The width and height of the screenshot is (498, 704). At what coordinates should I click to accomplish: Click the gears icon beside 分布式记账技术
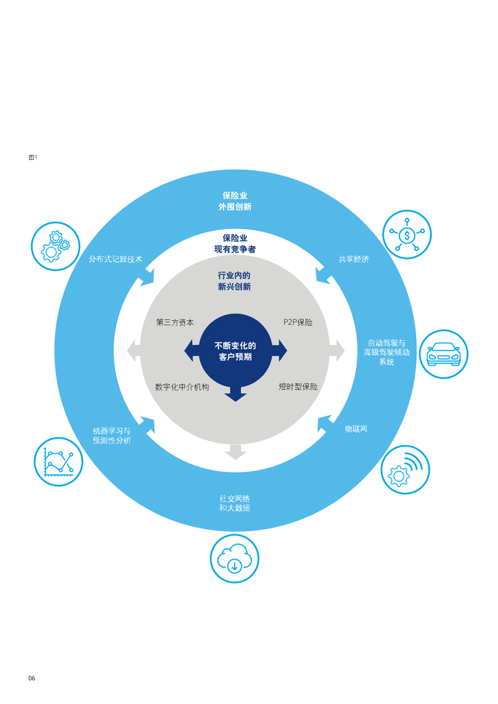coord(55,246)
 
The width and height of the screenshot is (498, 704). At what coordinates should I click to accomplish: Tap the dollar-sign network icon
coord(407,235)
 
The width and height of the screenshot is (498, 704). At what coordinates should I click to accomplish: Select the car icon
coord(444,354)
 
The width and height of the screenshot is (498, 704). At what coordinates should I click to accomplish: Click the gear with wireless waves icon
coord(405,469)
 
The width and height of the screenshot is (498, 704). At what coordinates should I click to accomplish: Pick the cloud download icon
coord(234,558)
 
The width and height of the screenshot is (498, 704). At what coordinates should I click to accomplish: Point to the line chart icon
coord(58,462)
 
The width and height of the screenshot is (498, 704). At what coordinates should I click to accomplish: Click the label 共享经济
coord(354,259)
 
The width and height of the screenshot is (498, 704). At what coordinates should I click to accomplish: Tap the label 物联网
coord(356,429)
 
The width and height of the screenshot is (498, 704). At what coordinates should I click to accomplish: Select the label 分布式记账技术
coord(115,259)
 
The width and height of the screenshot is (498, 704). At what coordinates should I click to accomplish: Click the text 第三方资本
coord(175,322)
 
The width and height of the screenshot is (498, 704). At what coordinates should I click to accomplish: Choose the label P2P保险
coord(297,322)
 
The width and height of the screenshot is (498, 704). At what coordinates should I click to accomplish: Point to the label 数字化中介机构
coord(182,387)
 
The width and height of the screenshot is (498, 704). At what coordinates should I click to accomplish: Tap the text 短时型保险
coord(297,387)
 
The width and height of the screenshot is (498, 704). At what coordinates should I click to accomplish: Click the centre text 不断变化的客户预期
coord(235,351)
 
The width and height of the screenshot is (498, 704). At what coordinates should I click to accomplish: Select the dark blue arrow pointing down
coord(235,393)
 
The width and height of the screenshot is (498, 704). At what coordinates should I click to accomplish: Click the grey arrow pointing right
coord(337,351)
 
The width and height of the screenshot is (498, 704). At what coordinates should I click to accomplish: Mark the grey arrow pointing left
coord(134,351)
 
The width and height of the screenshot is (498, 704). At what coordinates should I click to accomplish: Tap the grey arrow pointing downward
coord(235,452)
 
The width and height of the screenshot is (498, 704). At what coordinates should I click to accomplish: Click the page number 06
coord(32,678)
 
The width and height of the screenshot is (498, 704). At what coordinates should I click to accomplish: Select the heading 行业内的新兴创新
coord(234,281)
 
